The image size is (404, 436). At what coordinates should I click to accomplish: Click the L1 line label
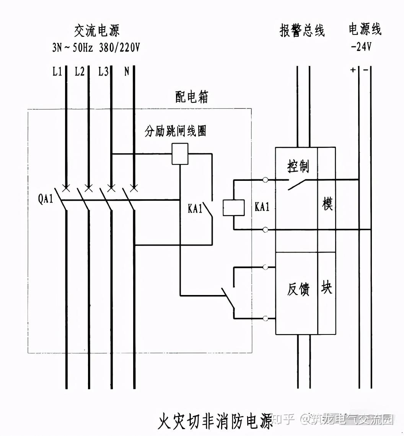point(57,72)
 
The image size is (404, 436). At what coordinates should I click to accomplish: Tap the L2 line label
point(80,72)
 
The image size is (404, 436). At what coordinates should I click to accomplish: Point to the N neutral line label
point(127,72)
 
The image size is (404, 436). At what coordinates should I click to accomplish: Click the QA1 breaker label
point(46,200)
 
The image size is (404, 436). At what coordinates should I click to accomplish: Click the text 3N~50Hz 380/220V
point(96,48)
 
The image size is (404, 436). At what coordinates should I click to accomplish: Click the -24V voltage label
point(361,47)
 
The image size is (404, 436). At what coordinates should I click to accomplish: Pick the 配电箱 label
point(192,97)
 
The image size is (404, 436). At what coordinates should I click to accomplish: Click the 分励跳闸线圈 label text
point(175,131)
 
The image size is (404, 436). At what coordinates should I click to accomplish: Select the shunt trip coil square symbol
point(180,154)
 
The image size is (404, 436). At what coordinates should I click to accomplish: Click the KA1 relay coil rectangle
point(234,208)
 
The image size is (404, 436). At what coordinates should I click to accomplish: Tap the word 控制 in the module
point(298,166)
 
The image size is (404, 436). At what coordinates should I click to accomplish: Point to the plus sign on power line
point(352,70)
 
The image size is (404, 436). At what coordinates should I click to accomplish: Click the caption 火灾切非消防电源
point(215,421)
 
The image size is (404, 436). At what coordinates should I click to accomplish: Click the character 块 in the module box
point(327,287)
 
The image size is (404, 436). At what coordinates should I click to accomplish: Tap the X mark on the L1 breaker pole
point(66,188)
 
